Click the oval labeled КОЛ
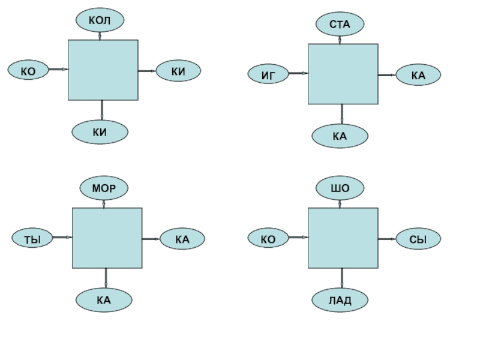click(100, 20)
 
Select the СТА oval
click(340, 24)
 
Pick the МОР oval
click(104, 188)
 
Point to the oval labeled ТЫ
click(32, 239)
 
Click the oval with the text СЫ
click(418, 239)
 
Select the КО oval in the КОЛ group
click(28, 70)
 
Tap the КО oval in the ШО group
click(268, 239)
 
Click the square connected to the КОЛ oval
click(103, 70)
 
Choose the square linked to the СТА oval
click(343, 74)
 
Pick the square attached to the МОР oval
click(107, 238)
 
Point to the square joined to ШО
click(343, 238)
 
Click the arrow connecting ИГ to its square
click(298, 74)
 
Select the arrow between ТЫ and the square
click(62, 238)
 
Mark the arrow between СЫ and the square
click(387, 239)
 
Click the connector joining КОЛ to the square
click(100, 35)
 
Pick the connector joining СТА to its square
click(340, 39)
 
